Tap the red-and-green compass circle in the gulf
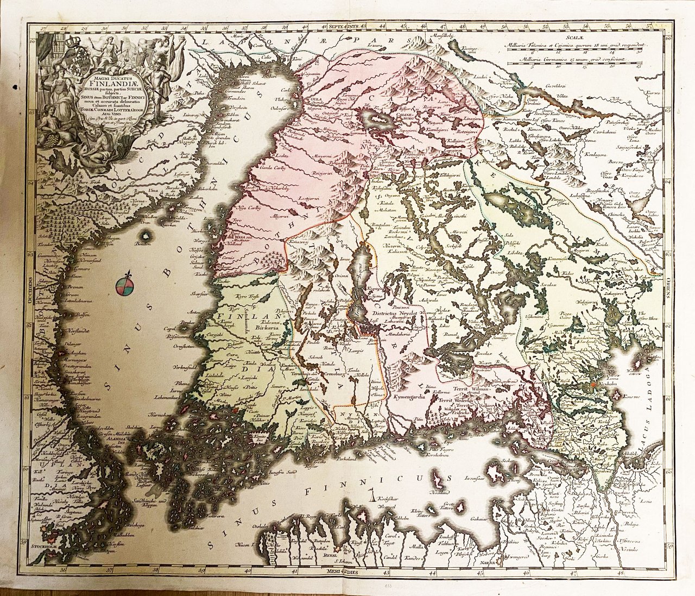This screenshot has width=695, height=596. point(123,286)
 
